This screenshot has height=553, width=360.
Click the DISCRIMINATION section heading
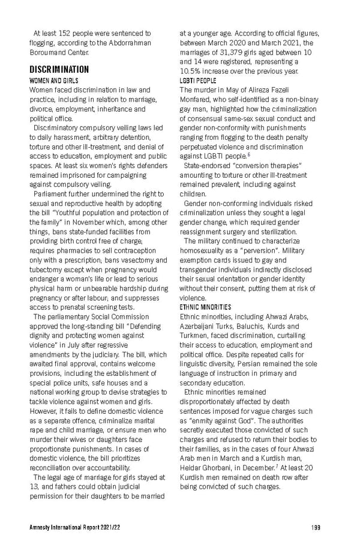point(59,69)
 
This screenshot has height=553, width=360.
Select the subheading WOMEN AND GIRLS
point(54,80)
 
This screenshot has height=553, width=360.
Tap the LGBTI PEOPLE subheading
point(198,80)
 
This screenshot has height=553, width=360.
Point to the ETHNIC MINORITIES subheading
point(205,307)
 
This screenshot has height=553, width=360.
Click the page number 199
point(316,527)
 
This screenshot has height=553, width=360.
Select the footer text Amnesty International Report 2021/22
point(71,527)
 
